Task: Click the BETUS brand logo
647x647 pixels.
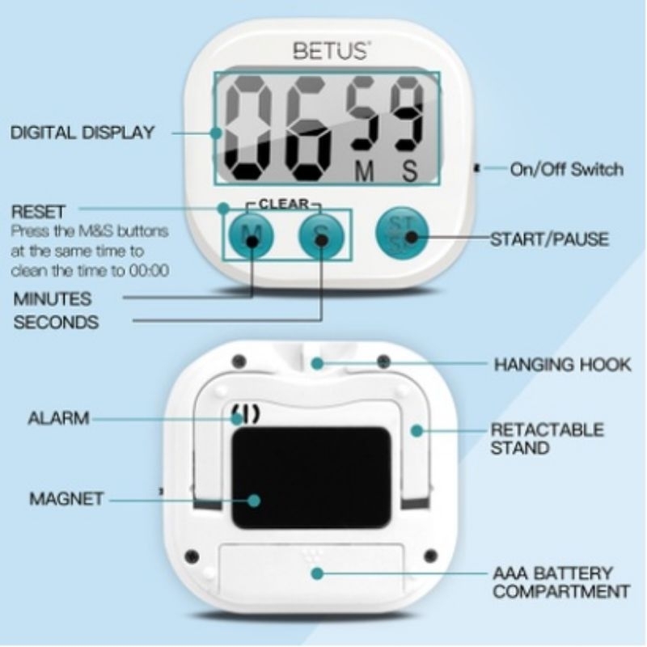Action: coord(330,52)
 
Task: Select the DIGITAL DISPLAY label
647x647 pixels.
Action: coord(82,133)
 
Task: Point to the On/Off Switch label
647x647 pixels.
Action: coord(566,169)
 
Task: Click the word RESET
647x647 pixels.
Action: coord(38,212)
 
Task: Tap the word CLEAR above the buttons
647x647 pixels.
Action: coord(283,205)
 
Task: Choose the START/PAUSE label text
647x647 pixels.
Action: coord(549,239)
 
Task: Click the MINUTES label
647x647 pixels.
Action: coord(53,298)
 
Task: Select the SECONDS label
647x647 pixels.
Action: coord(56,322)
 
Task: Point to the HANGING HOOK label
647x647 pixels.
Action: coord(562,365)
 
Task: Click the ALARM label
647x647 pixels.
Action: coord(57,419)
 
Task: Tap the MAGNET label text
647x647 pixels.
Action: coord(66,499)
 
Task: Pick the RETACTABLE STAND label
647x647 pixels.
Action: coord(548,438)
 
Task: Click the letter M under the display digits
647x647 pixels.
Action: coord(366,171)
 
